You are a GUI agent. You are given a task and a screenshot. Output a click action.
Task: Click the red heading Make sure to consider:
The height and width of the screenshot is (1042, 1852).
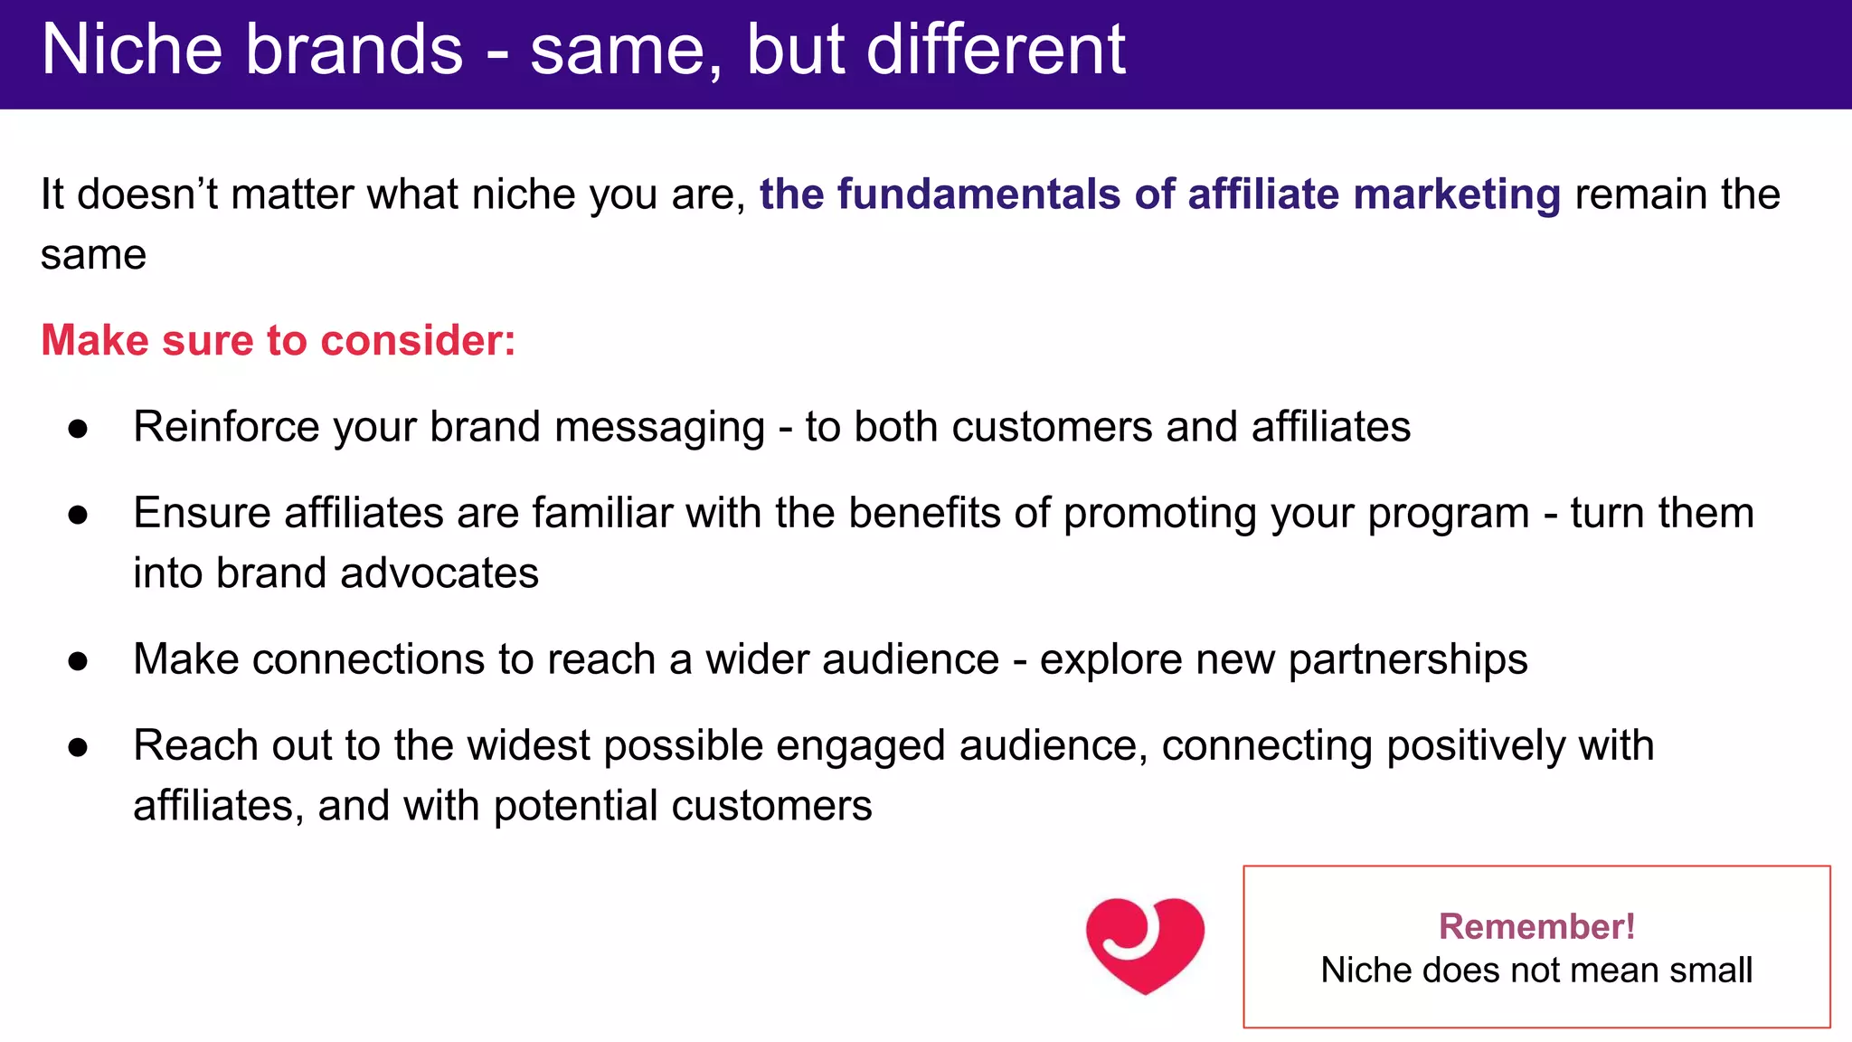(279, 341)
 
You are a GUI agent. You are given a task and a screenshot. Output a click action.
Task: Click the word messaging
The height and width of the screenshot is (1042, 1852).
(659, 427)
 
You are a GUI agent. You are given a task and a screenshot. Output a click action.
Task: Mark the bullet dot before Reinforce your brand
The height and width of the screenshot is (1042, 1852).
(78, 429)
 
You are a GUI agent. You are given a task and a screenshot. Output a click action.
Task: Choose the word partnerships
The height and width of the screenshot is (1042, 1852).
(1407, 659)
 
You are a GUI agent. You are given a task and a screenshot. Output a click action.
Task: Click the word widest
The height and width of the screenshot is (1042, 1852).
(527, 745)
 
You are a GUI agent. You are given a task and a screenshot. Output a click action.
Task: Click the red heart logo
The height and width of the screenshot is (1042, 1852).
(1145, 945)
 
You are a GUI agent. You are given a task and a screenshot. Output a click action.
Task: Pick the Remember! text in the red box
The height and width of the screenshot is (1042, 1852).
(1536, 926)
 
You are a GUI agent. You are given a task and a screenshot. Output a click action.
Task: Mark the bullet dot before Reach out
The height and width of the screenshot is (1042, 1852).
(78, 747)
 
